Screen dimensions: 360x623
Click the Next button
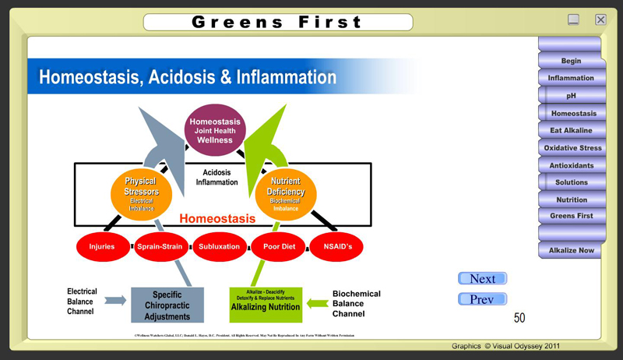(x=482, y=279)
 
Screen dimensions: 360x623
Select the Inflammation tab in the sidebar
(x=570, y=78)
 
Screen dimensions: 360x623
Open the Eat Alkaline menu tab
(x=571, y=130)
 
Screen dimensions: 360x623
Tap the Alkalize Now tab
(x=571, y=250)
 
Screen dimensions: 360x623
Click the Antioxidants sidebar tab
(x=571, y=165)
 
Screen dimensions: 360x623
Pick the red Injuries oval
(x=102, y=246)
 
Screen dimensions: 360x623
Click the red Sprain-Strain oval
(x=160, y=246)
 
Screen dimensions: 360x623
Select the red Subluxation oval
(x=219, y=246)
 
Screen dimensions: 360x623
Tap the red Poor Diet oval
(x=277, y=246)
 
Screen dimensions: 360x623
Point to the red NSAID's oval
(x=336, y=246)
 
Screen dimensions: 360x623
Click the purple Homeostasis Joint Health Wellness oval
(x=216, y=130)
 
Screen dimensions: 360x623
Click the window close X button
(x=600, y=19)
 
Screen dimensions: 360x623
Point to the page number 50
(x=519, y=318)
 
